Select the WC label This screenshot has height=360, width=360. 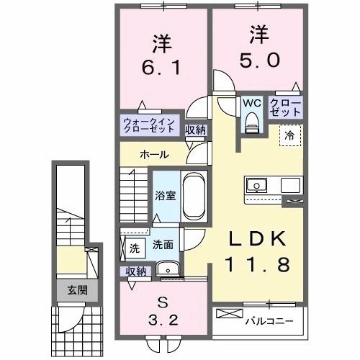click(251, 103)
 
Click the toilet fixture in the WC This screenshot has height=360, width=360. click(251, 124)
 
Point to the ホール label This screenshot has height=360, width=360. click(154, 155)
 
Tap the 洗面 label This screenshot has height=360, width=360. click(162, 245)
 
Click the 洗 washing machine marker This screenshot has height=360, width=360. click(134, 248)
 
